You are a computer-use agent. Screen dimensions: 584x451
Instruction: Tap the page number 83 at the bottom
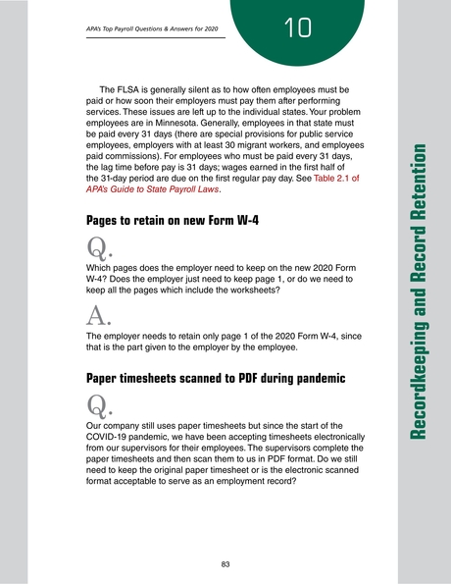[x=225, y=564]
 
